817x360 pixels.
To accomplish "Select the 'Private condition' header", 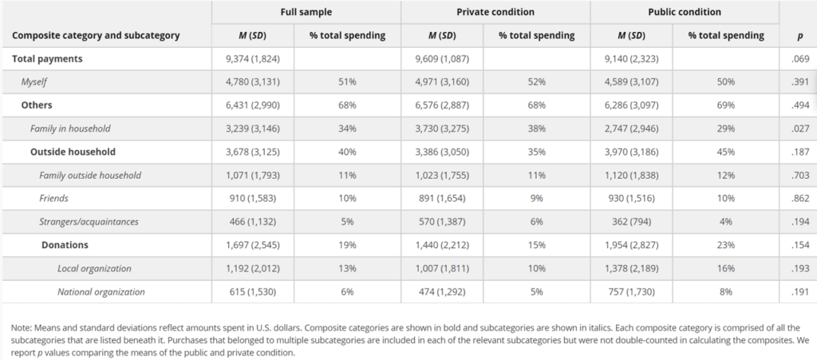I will [x=495, y=12].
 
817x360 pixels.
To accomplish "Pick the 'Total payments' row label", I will [x=48, y=59].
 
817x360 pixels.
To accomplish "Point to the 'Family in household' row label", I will [x=70, y=129].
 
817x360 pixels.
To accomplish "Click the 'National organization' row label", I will [x=101, y=291].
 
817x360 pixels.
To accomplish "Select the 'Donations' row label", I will [x=65, y=244].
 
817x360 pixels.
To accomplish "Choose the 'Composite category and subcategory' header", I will [x=96, y=36].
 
